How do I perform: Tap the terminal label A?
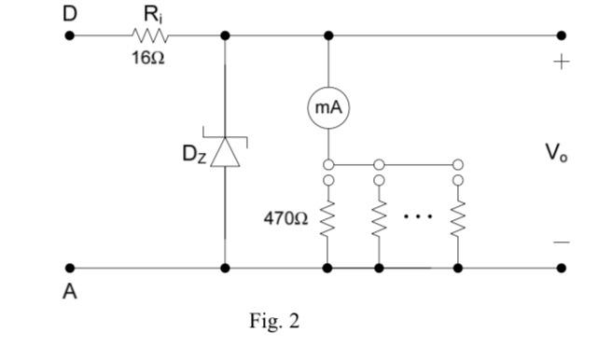click(x=69, y=292)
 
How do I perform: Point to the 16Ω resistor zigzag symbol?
click(x=151, y=35)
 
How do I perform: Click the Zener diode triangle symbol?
click(x=225, y=151)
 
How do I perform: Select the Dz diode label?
click(x=194, y=155)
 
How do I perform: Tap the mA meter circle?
click(x=328, y=108)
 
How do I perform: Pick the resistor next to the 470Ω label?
click(x=327, y=220)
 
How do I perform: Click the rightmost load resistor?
click(x=457, y=220)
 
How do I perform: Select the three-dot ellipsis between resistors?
click(x=418, y=216)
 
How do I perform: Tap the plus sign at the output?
click(x=561, y=62)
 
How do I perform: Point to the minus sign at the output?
click(x=561, y=242)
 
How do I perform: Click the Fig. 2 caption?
click(x=274, y=322)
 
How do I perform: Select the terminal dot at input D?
click(x=69, y=35)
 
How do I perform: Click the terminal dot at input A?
click(x=69, y=268)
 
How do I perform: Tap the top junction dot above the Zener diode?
click(x=225, y=35)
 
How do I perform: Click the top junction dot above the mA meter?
click(x=328, y=35)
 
